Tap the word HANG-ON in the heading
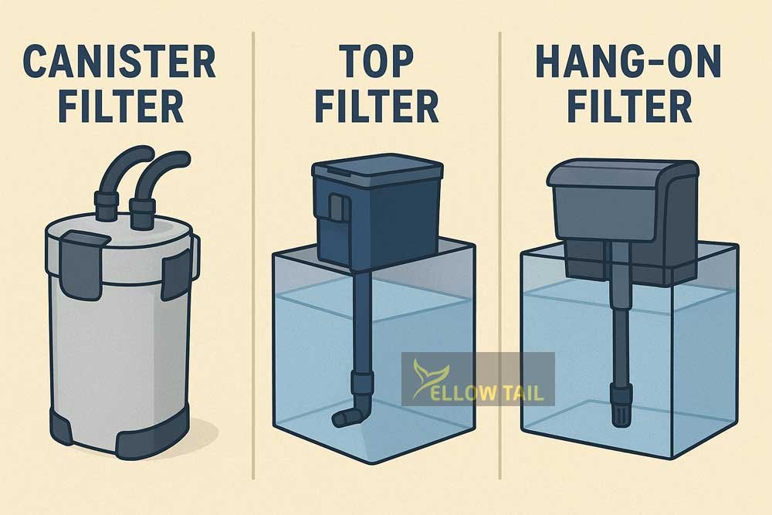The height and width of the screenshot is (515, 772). click(628, 61)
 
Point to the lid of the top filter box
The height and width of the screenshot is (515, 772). click(378, 168)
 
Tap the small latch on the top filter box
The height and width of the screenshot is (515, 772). click(337, 207)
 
